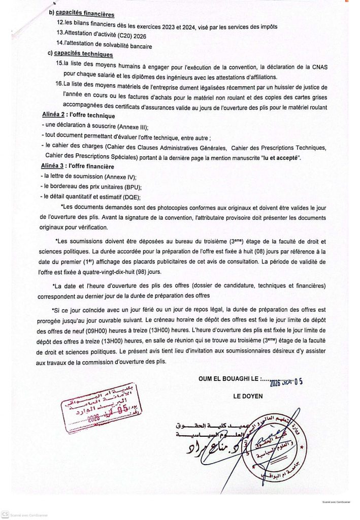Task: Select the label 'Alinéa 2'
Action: click(54, 117)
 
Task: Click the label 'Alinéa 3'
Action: click(54, 166)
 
